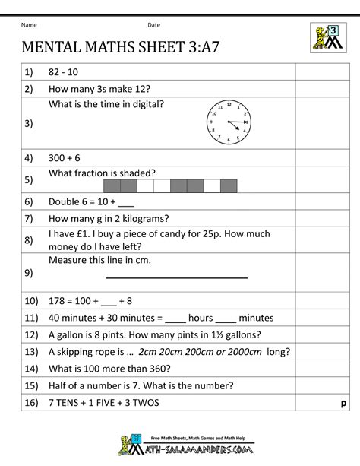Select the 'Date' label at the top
point(154,24)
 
